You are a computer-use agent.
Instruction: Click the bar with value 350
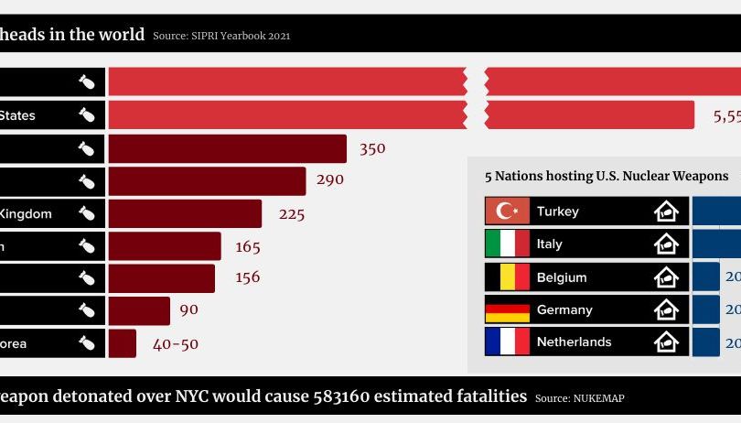pos(227,148)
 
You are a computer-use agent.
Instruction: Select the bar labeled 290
pos(207,180)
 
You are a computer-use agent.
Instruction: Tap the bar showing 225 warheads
pos(185,213)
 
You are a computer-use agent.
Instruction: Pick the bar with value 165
pos(165,246)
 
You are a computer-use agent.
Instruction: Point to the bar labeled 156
pos(161,278)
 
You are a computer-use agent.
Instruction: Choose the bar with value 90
pos(139,310)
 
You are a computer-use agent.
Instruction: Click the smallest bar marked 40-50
pos(123,343)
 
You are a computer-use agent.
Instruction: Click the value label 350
pos(372,148)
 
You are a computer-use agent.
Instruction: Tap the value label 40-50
pos(176,344)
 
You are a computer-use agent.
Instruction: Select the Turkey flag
pos(508,211)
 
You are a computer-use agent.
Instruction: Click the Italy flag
pos(508,244)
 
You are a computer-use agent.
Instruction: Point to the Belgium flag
pos(508,277)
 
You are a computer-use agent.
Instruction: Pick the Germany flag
pos(508,309)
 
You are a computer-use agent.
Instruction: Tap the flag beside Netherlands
pos(508,342)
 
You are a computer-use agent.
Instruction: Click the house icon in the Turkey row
pos(667,211)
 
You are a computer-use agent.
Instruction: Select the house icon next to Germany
pos(667,309)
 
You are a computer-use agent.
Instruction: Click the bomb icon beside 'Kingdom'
pos(87,213)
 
